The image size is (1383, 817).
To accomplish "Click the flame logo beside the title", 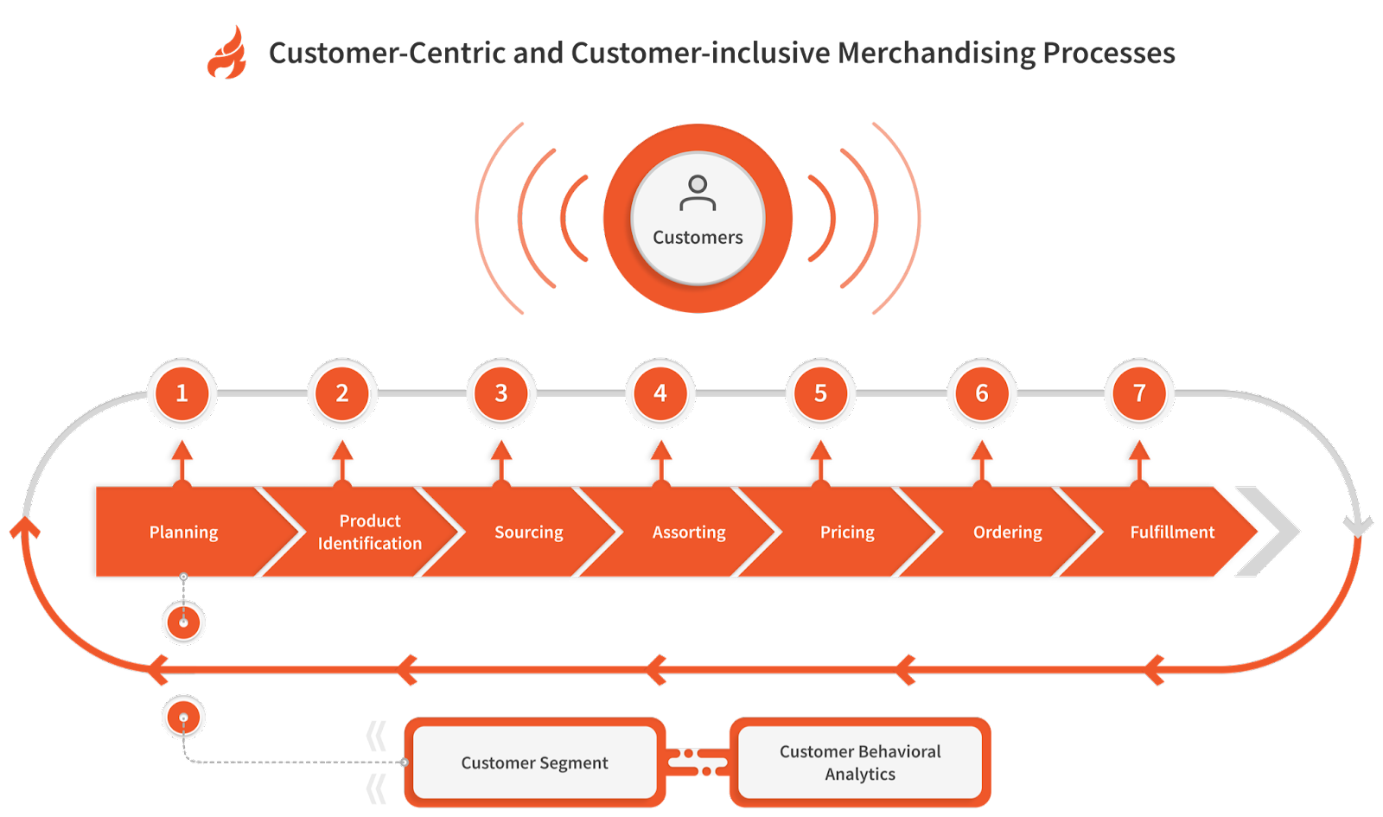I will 226,54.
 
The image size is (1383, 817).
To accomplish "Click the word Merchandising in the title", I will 936,53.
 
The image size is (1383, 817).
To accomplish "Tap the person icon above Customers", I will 698,193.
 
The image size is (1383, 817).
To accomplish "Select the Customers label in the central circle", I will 698,237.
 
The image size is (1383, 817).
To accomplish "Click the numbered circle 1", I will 182,393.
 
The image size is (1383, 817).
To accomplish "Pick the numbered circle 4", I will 660,393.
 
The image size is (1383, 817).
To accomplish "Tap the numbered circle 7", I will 1139,393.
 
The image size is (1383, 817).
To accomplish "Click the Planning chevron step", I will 183,532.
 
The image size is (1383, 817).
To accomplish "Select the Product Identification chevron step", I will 370,532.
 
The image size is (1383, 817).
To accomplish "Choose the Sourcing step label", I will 528,532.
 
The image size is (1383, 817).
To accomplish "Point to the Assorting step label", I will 689,532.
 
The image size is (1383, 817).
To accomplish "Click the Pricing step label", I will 847,532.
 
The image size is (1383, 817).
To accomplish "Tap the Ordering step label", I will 1007,532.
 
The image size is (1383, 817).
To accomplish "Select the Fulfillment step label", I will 1172,532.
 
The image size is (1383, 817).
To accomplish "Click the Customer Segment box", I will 534,763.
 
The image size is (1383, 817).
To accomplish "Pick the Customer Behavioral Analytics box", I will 860,763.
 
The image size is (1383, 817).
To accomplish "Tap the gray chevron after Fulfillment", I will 1269,532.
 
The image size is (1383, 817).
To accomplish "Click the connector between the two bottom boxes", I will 698,763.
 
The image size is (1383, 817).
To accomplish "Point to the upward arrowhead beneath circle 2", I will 342,450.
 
